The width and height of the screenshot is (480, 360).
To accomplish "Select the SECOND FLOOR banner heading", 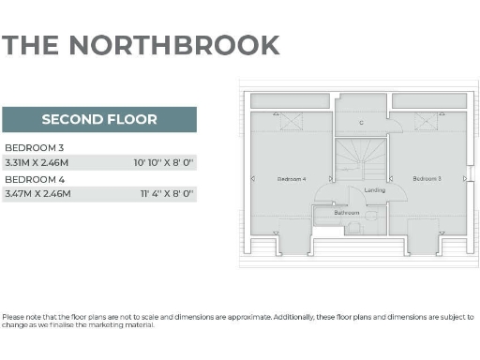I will tap(99, 120).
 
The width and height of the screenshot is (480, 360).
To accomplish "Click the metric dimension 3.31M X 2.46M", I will tap(38, 162).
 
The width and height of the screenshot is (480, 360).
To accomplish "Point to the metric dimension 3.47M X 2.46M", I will tap(39, 193).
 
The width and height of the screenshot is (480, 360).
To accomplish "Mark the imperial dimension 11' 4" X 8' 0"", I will tap(167, 193).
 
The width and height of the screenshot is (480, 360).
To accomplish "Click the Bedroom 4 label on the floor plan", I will tap(292, 178).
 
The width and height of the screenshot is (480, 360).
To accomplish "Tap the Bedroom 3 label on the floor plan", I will tap(427, 178).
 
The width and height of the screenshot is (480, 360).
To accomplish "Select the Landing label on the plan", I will tap(375, 190).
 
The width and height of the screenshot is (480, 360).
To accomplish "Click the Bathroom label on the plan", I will tap(347, 213).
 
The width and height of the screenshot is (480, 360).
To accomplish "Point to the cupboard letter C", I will tap(361, 123).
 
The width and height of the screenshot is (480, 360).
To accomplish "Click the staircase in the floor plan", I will tap(361, 159).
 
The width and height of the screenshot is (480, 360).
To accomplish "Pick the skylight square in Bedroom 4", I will tap(292, 120).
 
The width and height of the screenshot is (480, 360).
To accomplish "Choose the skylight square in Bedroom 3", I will tap(427, 120).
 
